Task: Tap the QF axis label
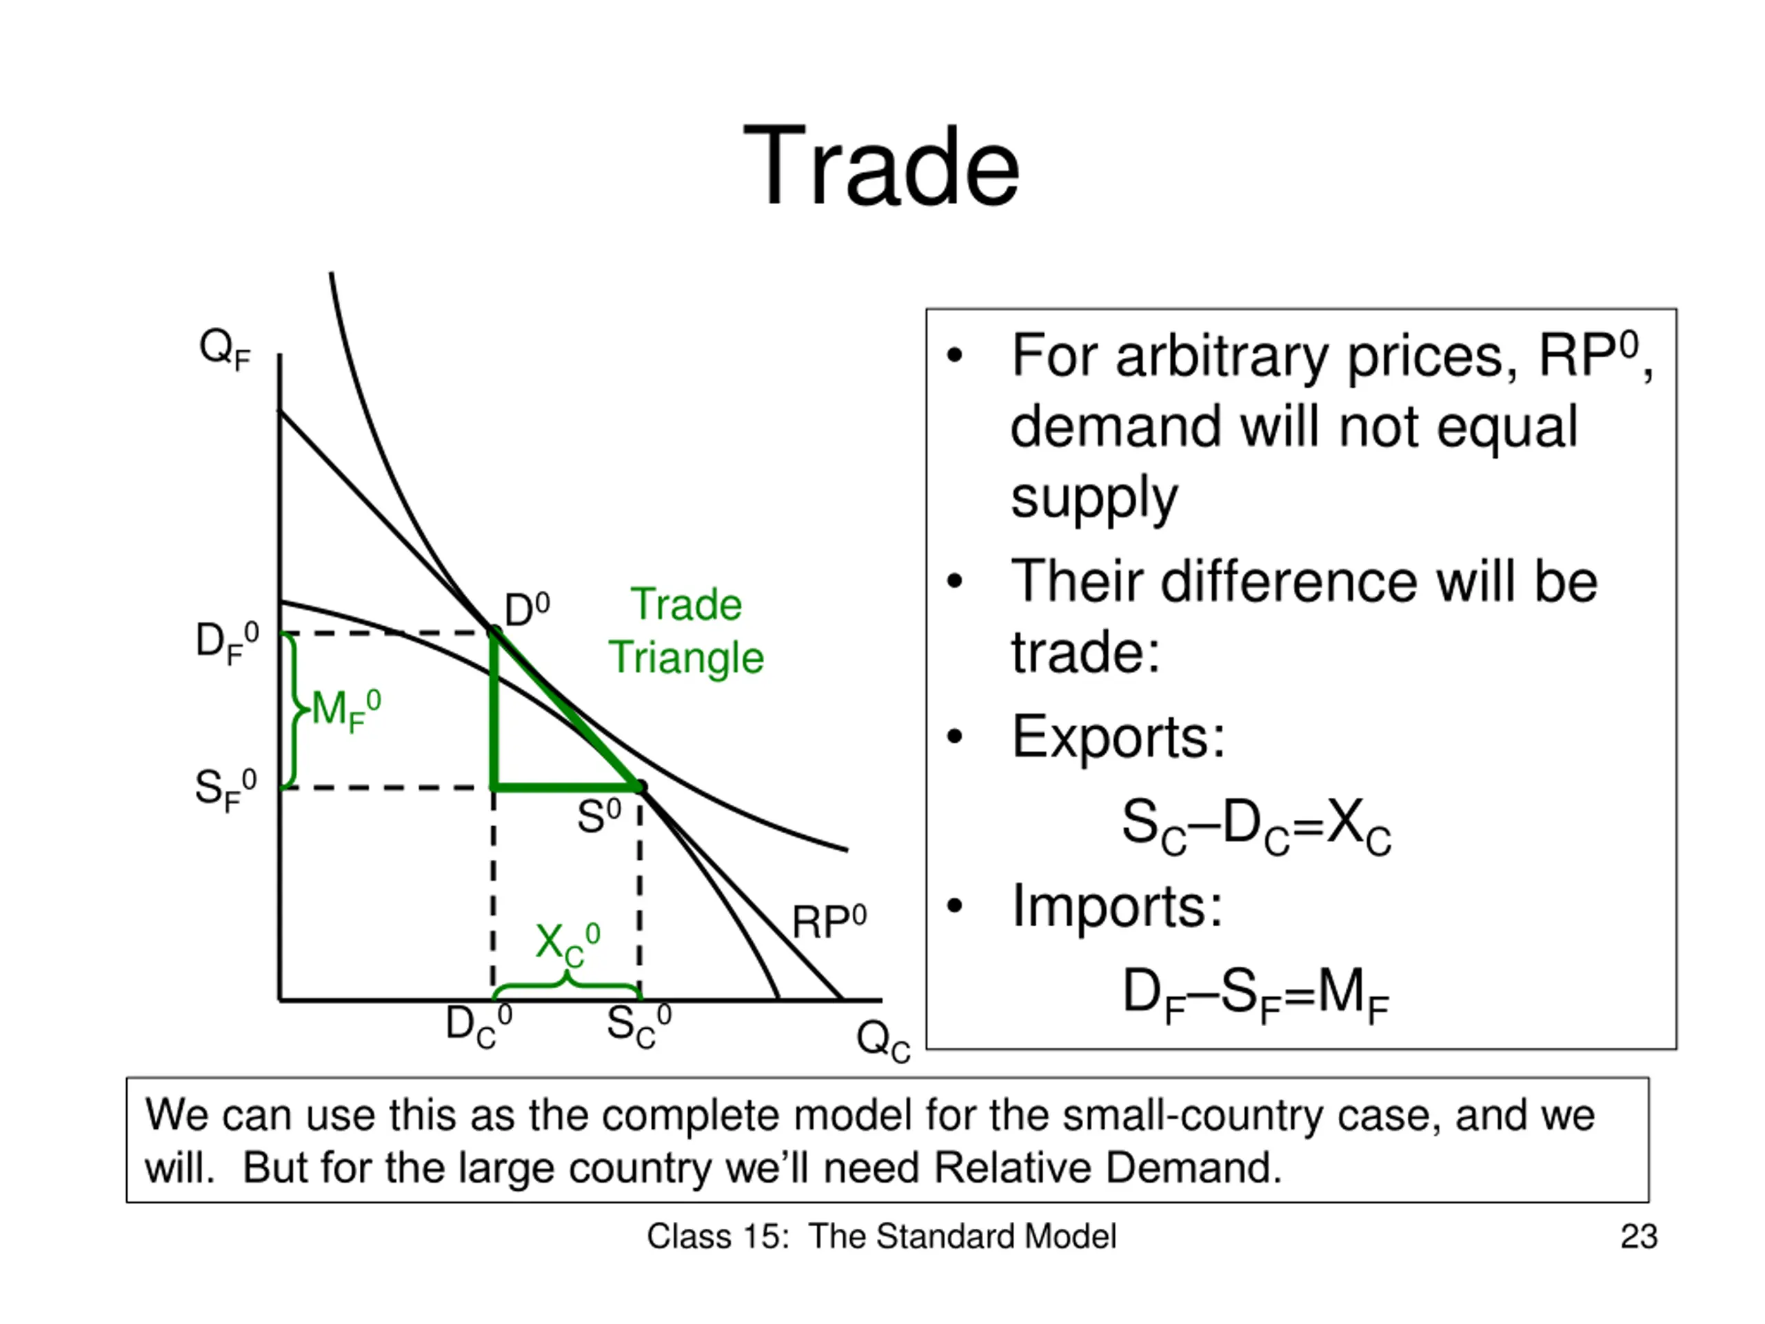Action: tap(225, 350)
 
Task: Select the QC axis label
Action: tap(883, 1041)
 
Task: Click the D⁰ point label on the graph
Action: tap(527, 610)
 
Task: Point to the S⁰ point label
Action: tap(598, 816)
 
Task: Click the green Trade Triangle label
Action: tap(686, 630)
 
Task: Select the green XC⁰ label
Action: tap(567, 944)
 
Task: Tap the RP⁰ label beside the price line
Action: tap(829, 922)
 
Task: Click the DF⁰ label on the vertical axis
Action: tap(228, 643)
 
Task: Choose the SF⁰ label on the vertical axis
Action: tap(227, 790)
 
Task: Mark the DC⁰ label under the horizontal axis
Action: tap(478, 1025)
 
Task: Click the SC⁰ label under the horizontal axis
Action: tap(639, 1025)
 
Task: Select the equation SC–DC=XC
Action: tap(1256, 825)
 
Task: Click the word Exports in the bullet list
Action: tap(1118, 736)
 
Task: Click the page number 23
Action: tap(1639, 1236)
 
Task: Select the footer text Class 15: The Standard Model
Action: tap(881, 1236)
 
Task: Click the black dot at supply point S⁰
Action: tap(641, 788)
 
